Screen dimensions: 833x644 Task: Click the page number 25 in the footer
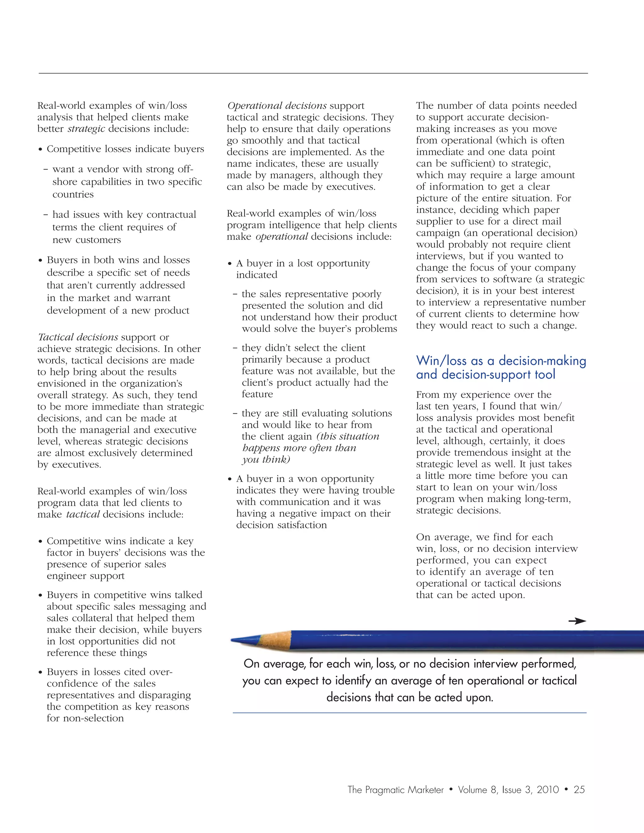(579, 790)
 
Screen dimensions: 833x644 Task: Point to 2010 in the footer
(547, 790)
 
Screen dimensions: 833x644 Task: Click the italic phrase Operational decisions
(277, 106)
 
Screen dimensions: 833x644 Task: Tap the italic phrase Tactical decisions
(78, 337)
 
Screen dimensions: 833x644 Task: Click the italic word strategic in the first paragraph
(86, 129)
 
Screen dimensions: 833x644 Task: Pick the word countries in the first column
(73, 195)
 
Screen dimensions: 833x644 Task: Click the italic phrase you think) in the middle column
(266, 460)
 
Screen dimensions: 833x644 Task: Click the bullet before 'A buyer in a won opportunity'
(230, 479)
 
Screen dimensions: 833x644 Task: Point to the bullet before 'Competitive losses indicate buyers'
(40, 150)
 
